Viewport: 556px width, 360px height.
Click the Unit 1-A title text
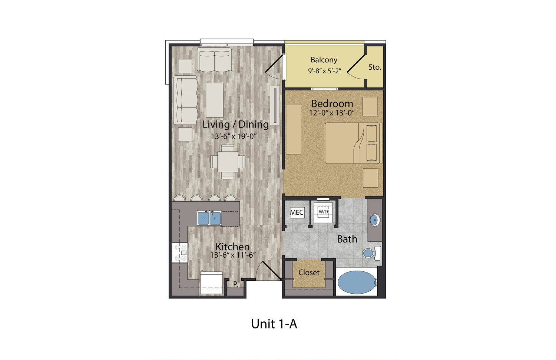coord(274,324)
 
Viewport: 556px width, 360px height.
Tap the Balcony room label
coord(324,60)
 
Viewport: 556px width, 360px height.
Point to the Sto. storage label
coord(374,67)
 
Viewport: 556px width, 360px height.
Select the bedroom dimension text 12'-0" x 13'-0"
coord(332,113)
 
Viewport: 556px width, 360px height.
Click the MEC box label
coord(297,212)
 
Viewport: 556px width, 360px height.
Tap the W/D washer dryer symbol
coord(323,212)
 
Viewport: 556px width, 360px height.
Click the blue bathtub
coord(357,282)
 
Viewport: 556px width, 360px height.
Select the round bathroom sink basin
coord(374,220)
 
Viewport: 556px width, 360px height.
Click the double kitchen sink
coord(209,218)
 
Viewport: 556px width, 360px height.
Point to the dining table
coord(228,162)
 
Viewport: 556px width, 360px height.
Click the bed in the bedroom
coord(354,143)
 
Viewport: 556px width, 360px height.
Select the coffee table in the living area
coord(215,100)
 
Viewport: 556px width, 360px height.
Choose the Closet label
coord(309,273)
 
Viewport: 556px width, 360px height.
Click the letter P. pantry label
coord(235,284)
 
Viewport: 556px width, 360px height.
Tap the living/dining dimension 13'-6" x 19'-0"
coord(233,136)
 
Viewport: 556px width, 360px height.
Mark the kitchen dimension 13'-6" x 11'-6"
coord(233,255)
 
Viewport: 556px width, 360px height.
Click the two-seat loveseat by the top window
coord(214,60)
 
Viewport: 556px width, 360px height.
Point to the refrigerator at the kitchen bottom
coord(211,283)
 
